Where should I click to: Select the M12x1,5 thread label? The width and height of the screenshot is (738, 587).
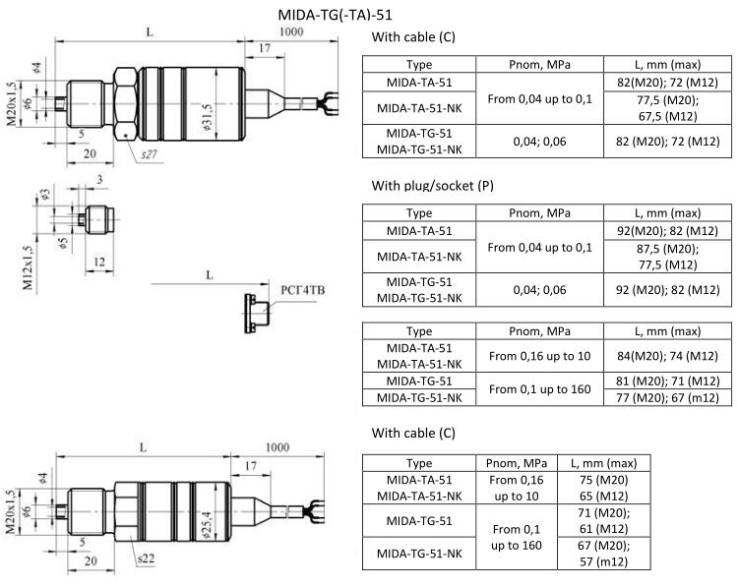tap(30, 264)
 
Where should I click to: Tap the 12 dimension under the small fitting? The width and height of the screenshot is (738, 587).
tap(99, 262)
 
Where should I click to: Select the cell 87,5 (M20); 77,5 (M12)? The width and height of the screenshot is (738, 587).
tap(667, 257)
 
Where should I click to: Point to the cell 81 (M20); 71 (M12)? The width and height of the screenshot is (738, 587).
tap(667, 381)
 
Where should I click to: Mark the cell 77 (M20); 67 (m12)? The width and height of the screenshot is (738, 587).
tap(667, 397)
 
